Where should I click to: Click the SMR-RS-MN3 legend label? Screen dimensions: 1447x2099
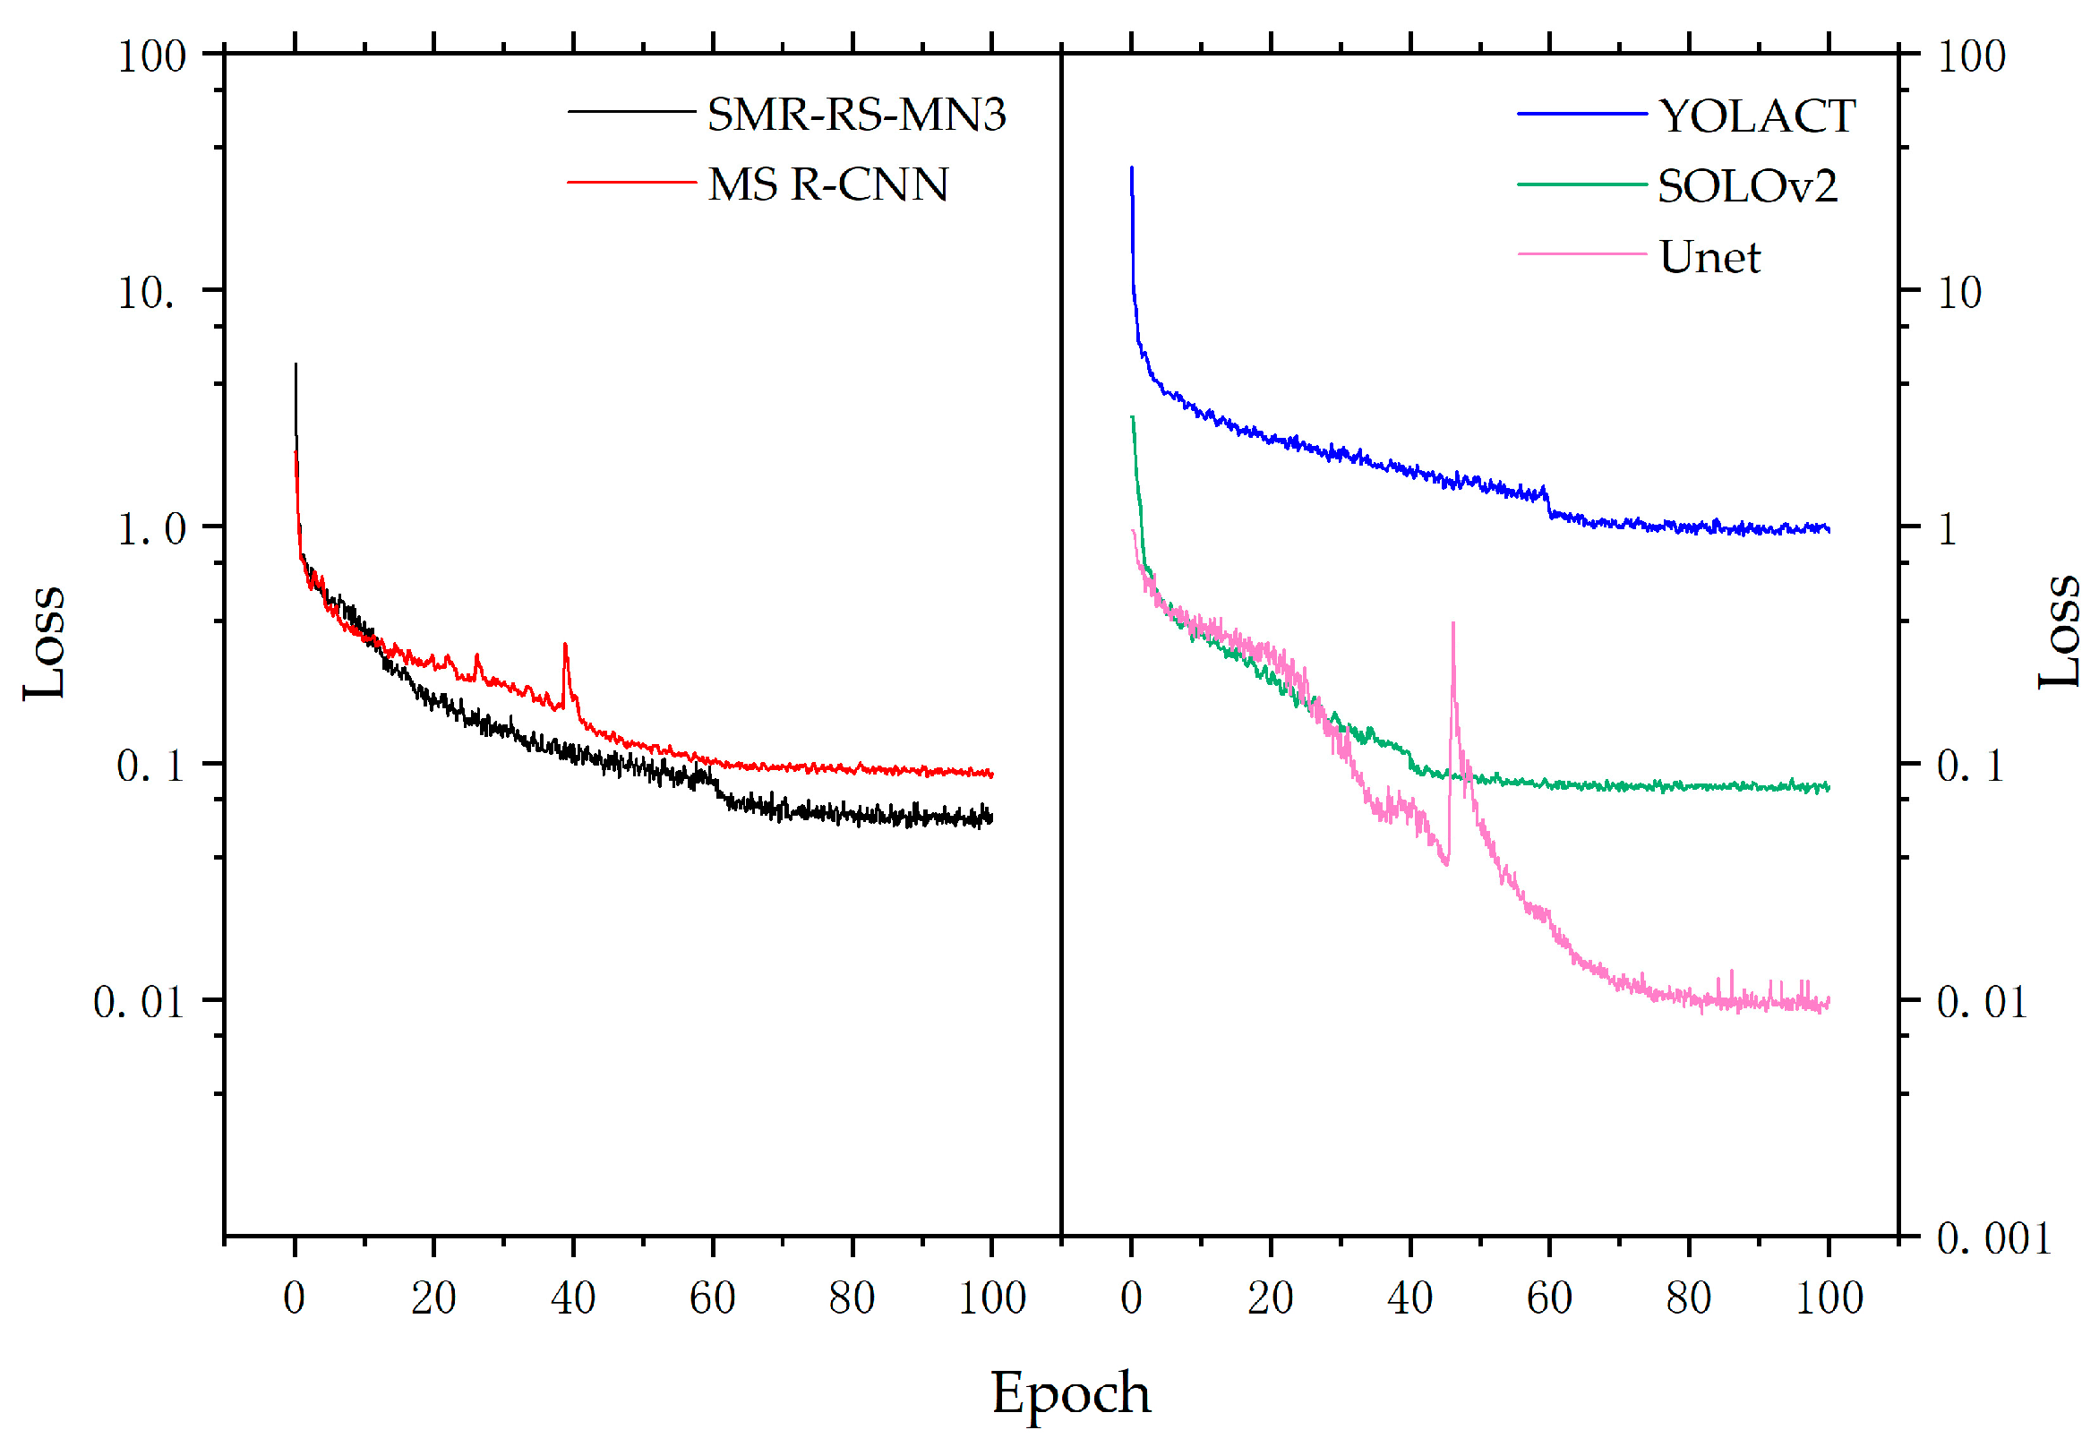coord(856,116)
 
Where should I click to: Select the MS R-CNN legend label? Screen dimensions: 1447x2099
coord(827,185)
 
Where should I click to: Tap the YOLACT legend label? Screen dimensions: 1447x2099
coord(1756,117)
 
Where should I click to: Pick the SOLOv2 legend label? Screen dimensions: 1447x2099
coord(1746,187)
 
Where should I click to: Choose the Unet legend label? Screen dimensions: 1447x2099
coord(1709,258)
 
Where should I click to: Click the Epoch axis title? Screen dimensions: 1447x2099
coord(1070,1392)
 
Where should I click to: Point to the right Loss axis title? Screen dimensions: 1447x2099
coord(2058,631)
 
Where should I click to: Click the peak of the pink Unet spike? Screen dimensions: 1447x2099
coord(1452,625)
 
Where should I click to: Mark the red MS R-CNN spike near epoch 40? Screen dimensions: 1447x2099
coord(565,646)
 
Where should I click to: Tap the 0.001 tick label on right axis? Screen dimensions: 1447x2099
coord(1993,1238)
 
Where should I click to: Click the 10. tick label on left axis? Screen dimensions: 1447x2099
coord(146,293)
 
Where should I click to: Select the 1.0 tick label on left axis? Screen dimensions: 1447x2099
coord(150,528)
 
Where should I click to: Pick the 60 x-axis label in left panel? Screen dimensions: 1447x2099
coord(712,1298)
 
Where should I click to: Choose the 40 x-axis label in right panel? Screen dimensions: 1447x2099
coord(1409,1298)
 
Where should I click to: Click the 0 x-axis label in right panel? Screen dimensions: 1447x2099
coord(1131,1298)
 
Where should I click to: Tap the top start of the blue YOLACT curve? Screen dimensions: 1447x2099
coord(1131,169)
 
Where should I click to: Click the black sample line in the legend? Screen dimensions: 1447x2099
coord(630,112)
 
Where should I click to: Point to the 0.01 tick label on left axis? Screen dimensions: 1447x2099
coord(139,1003)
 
